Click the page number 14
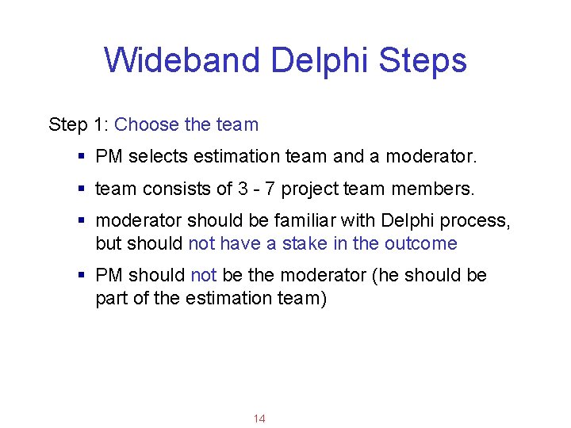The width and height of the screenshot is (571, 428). point(259,418)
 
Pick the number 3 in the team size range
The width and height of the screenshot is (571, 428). point(242,189)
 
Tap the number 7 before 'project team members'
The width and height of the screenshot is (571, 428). point(270,189)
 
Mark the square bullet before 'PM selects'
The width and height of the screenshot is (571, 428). point(82,157)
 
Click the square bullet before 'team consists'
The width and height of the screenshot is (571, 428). point(82,189)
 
